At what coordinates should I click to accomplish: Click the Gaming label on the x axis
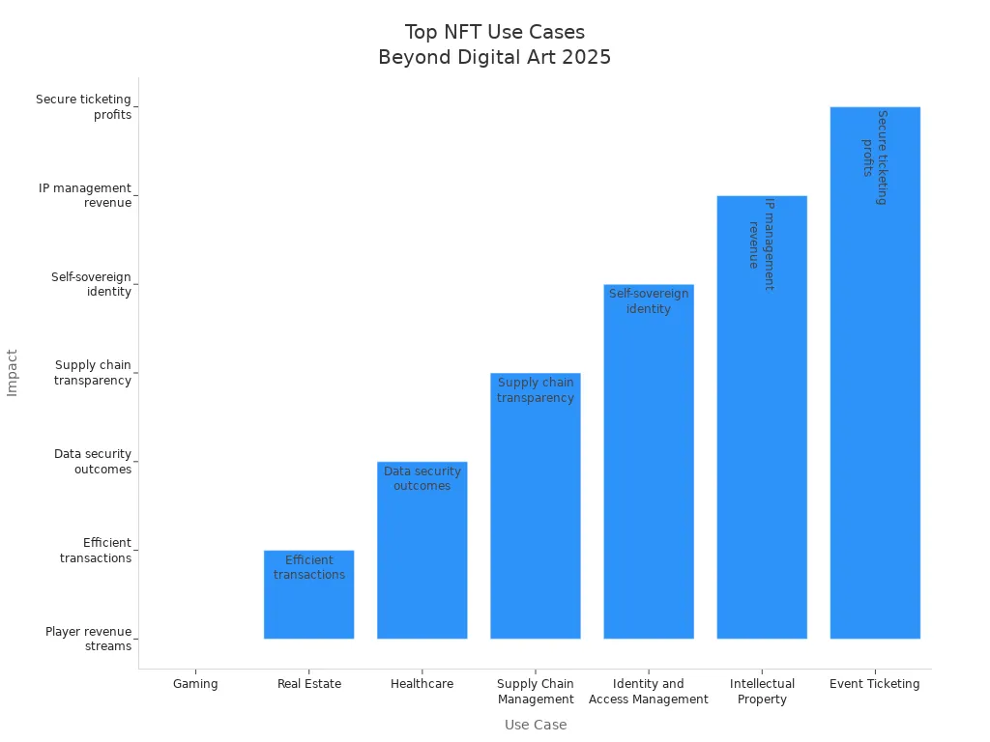[x=195, y=684]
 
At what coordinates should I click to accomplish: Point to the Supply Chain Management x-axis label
[x=536, y=692]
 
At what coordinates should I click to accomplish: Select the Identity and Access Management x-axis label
[x=649, y=692]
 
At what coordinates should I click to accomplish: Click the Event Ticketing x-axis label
[x=875, y=684]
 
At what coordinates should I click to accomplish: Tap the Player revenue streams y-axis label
[x=88, y=639]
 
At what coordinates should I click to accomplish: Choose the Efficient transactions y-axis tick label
[x=95, y=551]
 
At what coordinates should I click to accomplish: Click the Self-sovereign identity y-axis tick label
[x=91, y=284]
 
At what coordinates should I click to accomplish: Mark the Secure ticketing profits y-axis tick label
[x=83, y=107]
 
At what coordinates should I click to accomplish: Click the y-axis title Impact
[x=13, y=372]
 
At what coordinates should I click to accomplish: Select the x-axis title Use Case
[x=536, y=725]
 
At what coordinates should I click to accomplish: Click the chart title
[x=494, y=45]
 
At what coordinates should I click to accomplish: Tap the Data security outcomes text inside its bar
[x=422, y=478]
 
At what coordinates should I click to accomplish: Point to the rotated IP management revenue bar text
[x=761, y=244]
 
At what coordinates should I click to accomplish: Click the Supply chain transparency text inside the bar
[x=536, y=390]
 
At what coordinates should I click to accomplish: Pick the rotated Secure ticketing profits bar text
[x=874, y=157]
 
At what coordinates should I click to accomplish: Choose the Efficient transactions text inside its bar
[x=309, y=567]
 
